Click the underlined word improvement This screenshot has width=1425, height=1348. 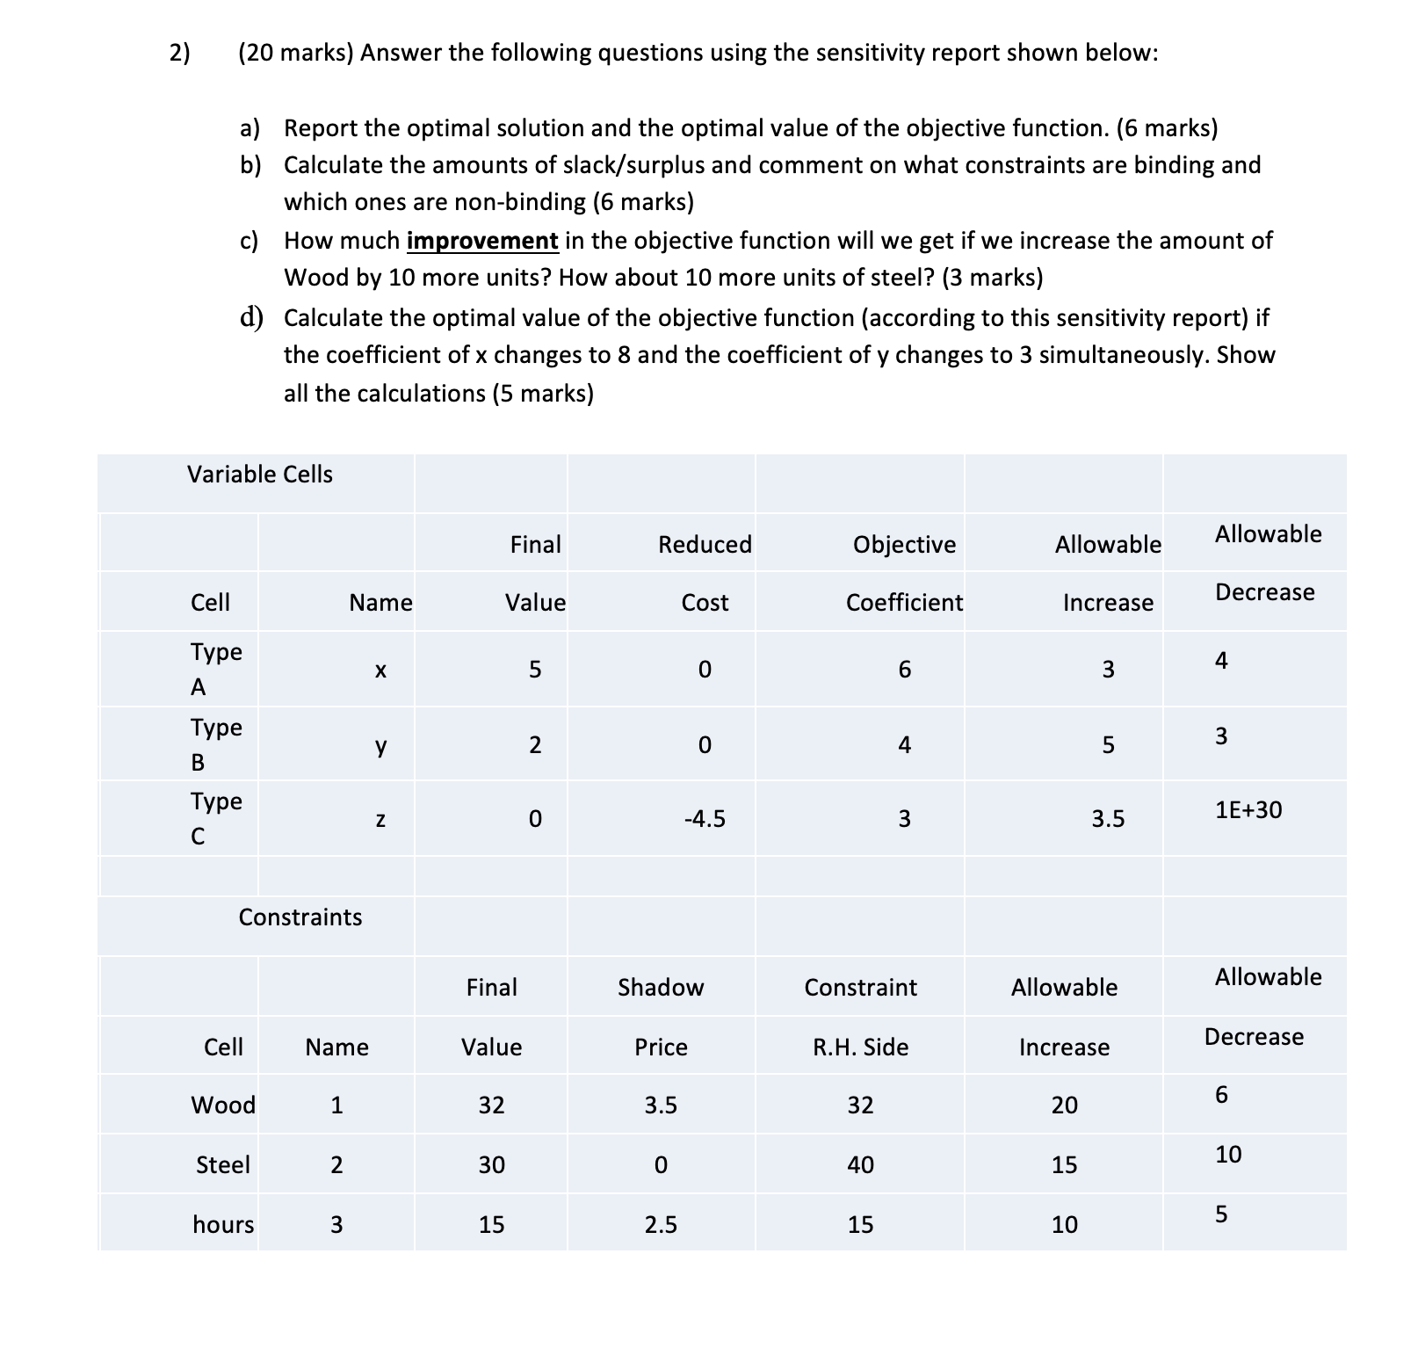pos(482,241)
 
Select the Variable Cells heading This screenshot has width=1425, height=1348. pos(260,475)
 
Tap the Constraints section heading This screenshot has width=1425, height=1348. pos(300,917)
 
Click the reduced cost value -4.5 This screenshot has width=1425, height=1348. pos(705,820)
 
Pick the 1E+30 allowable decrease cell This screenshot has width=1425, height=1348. pos(1248,810)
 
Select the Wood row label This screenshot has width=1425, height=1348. pos(223,1105)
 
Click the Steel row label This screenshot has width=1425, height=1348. pos(223,1165)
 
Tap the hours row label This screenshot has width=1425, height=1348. pos(223,1225)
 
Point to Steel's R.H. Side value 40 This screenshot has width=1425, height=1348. pos(860,1165)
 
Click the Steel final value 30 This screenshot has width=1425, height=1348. pos(491,1165)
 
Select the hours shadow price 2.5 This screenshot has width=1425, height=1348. pos(661,1225)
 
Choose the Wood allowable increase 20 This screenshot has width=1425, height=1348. pos(1064,1105)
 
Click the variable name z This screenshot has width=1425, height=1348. pos(380,820)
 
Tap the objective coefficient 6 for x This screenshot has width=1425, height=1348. pos(904,670)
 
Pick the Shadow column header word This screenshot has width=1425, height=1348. pos(661,988)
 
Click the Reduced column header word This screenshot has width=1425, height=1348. pos(705,545)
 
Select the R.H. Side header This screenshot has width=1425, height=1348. pos(860,1047)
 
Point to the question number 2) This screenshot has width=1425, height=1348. pos(179,54)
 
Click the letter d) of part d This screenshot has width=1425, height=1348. pos(251,317)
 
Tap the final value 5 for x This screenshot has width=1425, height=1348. pos(535,670)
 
